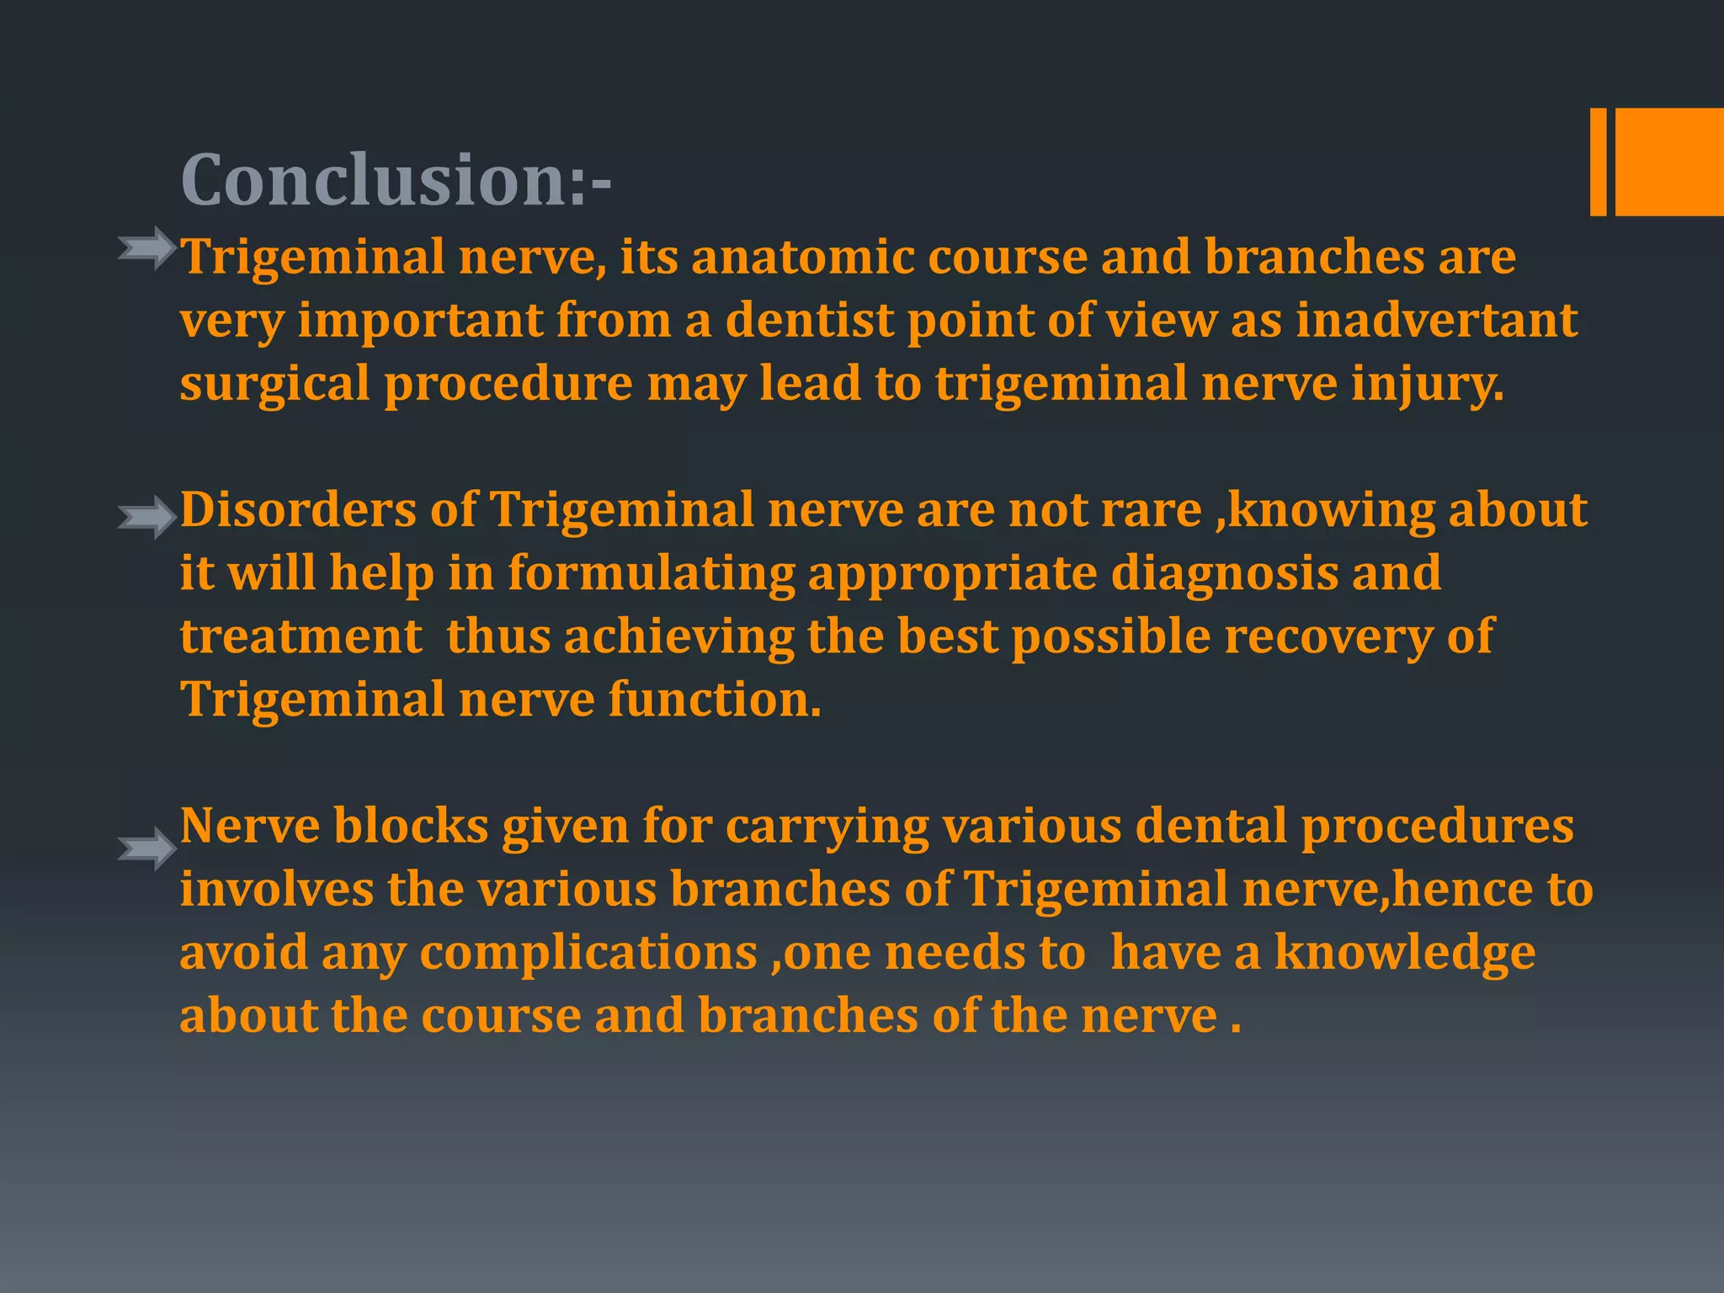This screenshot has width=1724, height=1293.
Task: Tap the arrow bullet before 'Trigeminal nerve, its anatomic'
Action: click(x=147, y=248)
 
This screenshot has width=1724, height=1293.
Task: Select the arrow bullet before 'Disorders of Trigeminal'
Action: click(x=147, y=516)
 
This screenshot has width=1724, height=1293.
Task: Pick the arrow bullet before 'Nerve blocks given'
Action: click(x=147, y=848)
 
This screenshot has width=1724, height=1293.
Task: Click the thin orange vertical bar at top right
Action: click(x=1598, y=162)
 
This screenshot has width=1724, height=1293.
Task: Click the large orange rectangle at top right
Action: click(x=1669, y=162)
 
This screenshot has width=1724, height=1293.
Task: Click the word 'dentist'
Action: click(x=809, y=320)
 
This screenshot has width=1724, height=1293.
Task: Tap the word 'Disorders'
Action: click(x=299, y=510)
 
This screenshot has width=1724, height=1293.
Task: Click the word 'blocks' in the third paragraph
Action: click(x=411, y=826)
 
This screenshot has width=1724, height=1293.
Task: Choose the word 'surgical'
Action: click(x=274, y=385)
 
